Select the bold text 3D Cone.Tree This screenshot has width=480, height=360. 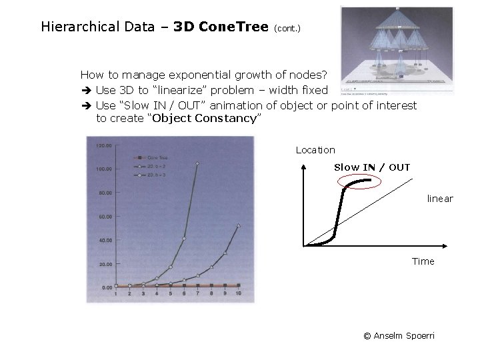[x=220, y=27]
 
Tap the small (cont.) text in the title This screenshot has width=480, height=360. [x=287, y=29]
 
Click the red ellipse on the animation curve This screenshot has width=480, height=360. [x=354, y=182]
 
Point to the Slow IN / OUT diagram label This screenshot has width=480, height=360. [x=371, y=167]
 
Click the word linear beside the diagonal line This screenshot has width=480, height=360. [x=439, y=199]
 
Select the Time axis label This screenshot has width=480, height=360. [x=423, y=261]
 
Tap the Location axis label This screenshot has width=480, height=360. [x=315, y=150]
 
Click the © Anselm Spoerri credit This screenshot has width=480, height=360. [x=399, y=335]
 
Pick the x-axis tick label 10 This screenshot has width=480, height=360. [x=238, y=294]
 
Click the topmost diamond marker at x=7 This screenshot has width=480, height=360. [x=197, y=163]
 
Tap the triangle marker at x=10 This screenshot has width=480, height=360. [x=238, y=225]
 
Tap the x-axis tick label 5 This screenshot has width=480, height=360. [x=170, y=294]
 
